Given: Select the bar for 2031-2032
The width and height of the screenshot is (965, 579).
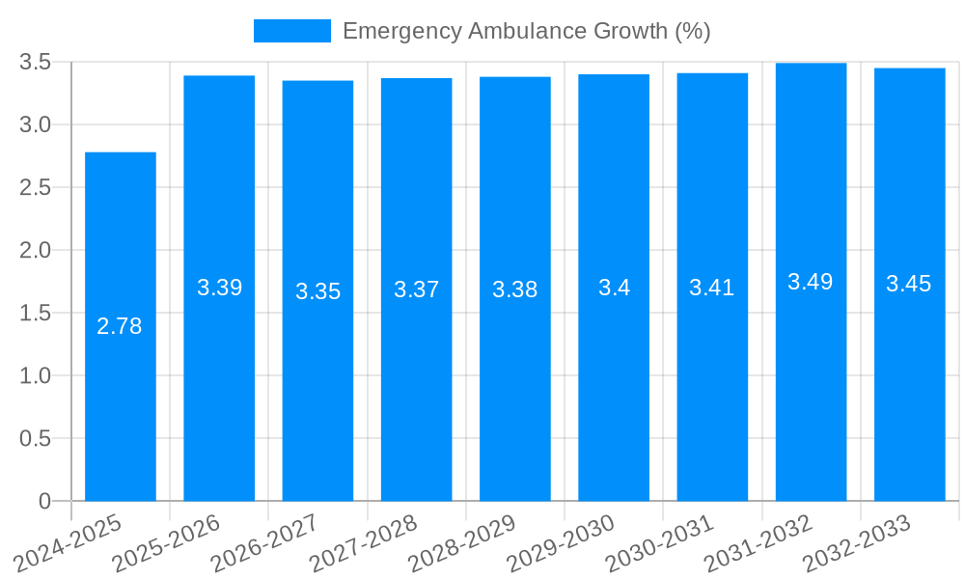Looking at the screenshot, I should tap(811, 386).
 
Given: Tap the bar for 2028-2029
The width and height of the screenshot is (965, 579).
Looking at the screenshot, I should tap(515, 386).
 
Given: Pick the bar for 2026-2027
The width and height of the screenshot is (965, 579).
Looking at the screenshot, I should tap(317, 386).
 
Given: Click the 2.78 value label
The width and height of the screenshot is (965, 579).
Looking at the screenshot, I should tap(120, 327).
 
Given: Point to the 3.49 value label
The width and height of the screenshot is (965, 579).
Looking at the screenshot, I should tap(811, 282).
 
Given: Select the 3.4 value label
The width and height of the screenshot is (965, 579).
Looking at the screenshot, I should tap(614, 288).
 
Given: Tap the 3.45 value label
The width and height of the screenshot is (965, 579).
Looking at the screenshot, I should tap(909, 284).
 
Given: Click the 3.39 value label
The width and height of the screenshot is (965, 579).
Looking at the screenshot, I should tap(219, 288).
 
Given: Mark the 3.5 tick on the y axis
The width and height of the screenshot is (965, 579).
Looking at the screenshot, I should tap(35, 63).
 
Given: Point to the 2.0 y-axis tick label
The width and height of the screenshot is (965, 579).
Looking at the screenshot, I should tap(35, 251).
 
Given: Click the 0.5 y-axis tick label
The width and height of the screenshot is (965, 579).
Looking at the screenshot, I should tap(35, 439).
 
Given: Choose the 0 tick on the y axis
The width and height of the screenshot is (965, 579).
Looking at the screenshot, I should tap(44, 502).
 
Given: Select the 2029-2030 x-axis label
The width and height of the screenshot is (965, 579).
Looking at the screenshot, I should tap(562, 543).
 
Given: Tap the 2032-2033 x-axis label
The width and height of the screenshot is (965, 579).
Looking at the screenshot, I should tap(858, 543).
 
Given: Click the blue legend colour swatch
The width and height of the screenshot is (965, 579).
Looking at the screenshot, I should tap(291, 31).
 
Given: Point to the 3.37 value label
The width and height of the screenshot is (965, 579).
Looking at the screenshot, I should tap(416, 289).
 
